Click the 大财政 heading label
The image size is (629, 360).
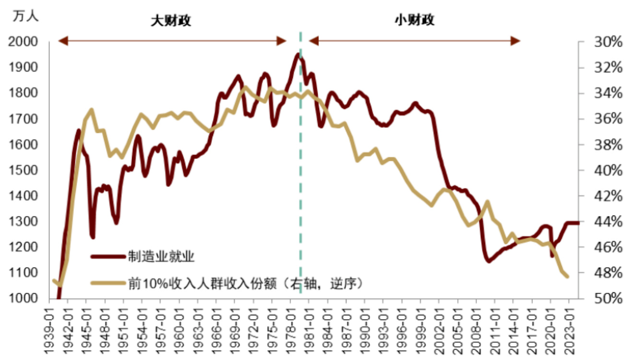coord(171,21)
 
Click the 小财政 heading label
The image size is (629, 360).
coord(415,21)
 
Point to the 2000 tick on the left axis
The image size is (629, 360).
coord(23,42)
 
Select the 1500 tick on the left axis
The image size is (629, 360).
coord(23,170)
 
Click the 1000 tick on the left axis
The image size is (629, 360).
coord(23,299)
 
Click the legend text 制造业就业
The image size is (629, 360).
coord(161,257)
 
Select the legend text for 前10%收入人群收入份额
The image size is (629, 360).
coord(245,283)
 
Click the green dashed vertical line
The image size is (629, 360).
coord(301,192)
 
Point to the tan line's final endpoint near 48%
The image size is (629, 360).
coord(568,276)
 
